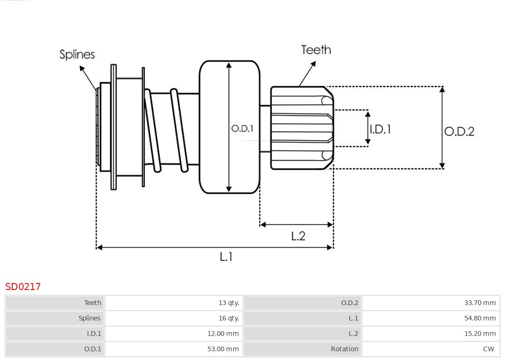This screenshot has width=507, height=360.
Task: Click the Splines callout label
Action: click(x=77, y=54)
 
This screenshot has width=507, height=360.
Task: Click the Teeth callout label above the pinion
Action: click(x=316, y=50)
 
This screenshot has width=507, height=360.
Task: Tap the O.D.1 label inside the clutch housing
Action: click(x=242, y=128)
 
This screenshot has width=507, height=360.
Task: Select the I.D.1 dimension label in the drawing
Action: click(x=380, y=129)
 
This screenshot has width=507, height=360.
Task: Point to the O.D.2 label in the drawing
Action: click(x=459, y=131)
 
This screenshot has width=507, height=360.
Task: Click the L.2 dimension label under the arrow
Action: click(x=298, y=236)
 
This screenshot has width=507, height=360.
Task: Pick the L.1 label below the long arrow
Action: click(x=226, y=257)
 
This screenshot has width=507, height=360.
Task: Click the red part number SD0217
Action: click(x=23, y=286)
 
